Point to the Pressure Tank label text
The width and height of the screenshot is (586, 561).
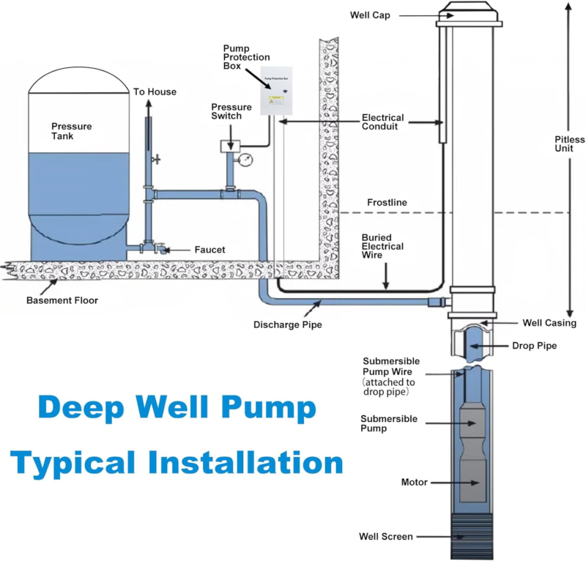(72, 131)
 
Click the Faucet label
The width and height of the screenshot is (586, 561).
(210, 250)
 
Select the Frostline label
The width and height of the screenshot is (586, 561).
(387, 202)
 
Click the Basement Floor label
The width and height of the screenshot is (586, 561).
(62, 300)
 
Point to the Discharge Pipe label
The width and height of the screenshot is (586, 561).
(287, 324)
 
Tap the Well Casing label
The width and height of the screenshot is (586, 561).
(549, 323)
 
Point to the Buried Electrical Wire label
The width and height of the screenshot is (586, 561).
(382, 247)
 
